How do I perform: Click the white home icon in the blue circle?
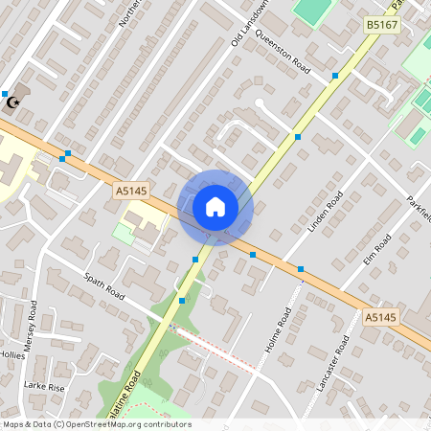click(215, 207)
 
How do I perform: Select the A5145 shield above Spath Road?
click(131, 192)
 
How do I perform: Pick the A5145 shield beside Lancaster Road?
click(380, 317)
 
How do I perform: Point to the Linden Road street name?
click(326, 212)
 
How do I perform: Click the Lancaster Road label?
click(336, 361)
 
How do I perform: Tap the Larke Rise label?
click(44, 387)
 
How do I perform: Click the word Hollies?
click(11, 354)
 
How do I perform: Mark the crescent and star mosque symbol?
click(12, 102)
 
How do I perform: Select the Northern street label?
click(127, 13)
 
